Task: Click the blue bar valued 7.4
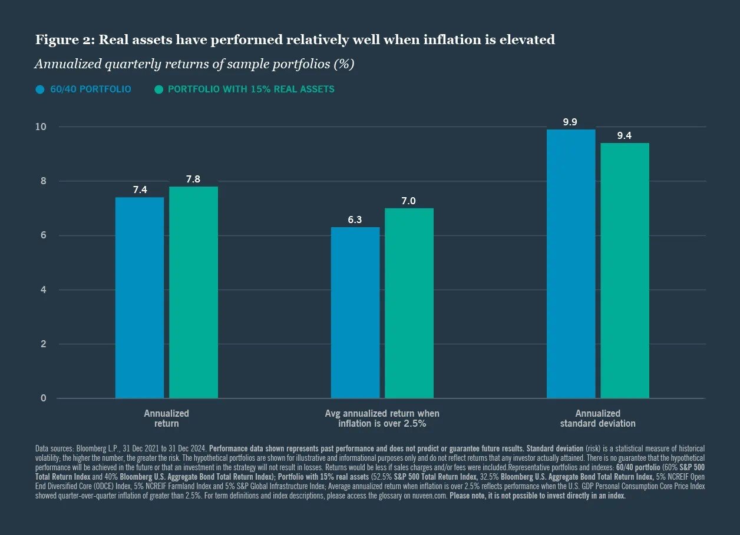[x=140, y=298]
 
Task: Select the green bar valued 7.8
[x=193, y=293]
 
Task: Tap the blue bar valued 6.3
[x=355, y=313]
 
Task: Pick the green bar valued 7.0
[x=409, y=303]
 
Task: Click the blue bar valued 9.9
[x=571, y=264]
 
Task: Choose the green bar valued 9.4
[x=625, y=271]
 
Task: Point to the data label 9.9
[x=570, y=122]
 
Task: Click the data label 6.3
[x=355, y=220]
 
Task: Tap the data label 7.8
[x=193, y=180]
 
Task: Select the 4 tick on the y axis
[x=43, y=290]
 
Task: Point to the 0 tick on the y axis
[x=43, y=398]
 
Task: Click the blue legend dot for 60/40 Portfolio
[x=40, y=89]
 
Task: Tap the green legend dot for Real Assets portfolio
[x=158, y=89]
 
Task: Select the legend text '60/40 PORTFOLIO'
[x=91, y=89]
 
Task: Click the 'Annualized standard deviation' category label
[x=597, y=418]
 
